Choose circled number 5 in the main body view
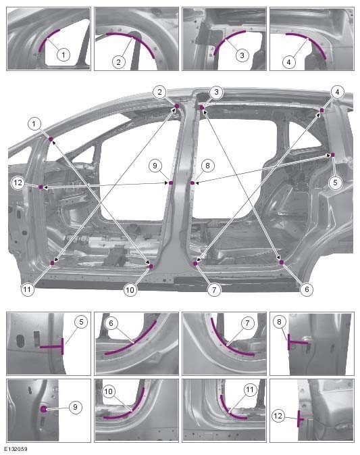336,182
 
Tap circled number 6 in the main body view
306,289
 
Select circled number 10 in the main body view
130,289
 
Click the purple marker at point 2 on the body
176,105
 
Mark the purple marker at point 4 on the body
322,109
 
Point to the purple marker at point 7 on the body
195,263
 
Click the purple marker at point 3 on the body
201,106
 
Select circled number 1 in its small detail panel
62,53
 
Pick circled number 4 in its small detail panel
288,61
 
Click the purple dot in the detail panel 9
44,409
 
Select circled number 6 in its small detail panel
113,323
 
